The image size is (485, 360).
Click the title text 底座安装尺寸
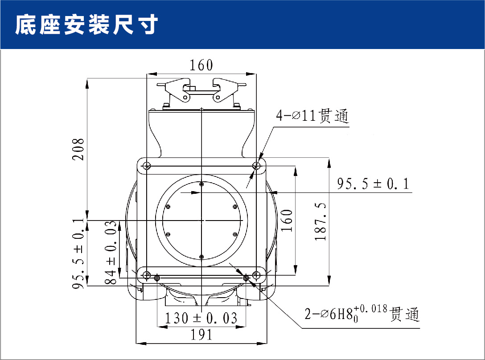(86, 25)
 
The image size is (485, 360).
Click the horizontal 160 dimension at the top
(201, 65)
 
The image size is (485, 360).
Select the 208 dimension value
(78, 149)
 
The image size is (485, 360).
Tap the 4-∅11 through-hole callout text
(312, 116)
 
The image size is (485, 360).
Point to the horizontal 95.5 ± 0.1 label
(373, 184)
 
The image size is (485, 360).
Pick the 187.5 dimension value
(321, 221)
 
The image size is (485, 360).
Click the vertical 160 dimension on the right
(287, 220)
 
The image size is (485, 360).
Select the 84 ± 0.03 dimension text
(111, 252)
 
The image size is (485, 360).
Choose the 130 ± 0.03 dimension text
(201, 318)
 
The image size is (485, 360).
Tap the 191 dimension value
(201, 335)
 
